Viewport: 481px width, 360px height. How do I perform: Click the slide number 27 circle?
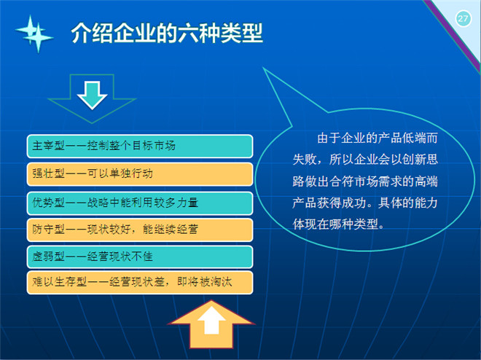coord(463,19)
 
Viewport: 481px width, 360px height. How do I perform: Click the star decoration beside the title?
coord(34,34)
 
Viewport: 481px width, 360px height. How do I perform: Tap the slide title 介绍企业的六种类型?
coord(167,33)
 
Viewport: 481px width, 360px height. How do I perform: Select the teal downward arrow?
coord(92,95)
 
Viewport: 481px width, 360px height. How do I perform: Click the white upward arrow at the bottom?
coord(211,320)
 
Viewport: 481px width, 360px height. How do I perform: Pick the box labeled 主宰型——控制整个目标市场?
coord(140,146)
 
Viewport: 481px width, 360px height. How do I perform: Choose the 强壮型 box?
coord(140,174)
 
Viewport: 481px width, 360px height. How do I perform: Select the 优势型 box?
coord(140,203)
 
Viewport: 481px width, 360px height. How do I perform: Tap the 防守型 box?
coord(140,230)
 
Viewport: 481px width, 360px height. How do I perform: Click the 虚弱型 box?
coord(140,257)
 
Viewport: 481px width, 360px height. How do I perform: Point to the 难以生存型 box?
coord(140,283)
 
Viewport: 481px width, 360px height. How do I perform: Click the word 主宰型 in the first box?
coord(49,146)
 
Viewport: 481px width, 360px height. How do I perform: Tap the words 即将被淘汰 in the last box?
coord(204,282)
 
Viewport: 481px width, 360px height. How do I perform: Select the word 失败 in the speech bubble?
coord(305,160)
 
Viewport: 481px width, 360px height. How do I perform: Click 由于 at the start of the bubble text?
coord(329,138)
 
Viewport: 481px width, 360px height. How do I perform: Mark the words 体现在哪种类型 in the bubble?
coord(335,224)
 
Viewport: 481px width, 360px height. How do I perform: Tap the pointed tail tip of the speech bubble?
coord(264,69)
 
